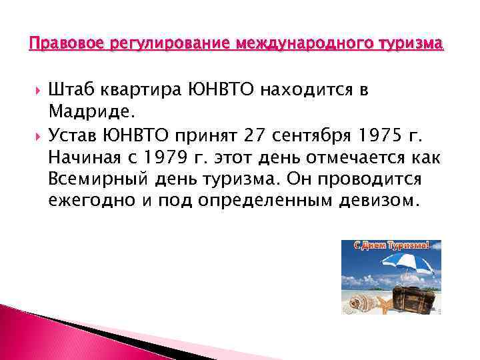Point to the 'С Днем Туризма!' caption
pyautogui.click(x=391, y=245)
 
